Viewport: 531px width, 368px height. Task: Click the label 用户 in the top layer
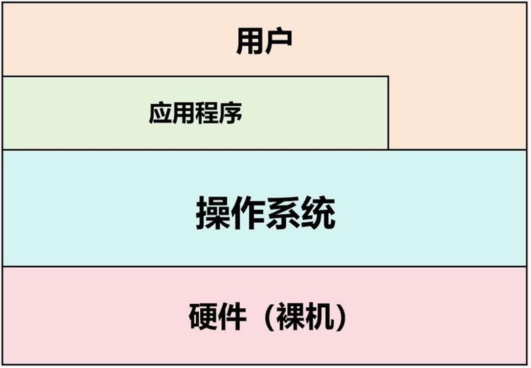[x=264, y=42]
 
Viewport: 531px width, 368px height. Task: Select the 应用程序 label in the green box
[x=196, y=112]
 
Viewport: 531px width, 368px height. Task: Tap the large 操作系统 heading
[x=266, y=213]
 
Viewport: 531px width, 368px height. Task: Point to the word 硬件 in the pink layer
[x=217, y=316]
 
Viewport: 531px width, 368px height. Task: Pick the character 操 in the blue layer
[x=213, y=213]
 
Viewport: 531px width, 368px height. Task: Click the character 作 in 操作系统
[x=248, y=213]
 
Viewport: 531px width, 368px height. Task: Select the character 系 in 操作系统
[x=283, y=213]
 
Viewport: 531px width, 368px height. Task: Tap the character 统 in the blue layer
[x=318, y=213]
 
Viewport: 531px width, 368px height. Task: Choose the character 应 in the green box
[x=160, y=112]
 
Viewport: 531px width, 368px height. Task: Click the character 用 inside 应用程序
[x=184, y=112]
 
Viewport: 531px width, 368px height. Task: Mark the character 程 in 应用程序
[x=207, y=112]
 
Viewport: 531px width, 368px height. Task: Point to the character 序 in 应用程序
[x=231, y=112]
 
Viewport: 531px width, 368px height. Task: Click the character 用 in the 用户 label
[x=250, y=42]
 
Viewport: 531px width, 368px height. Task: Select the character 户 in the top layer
[x=278, y=42]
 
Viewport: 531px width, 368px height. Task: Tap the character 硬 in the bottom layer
[x=203, y=316]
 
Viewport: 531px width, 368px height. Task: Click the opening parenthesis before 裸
[x=269, y=316]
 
